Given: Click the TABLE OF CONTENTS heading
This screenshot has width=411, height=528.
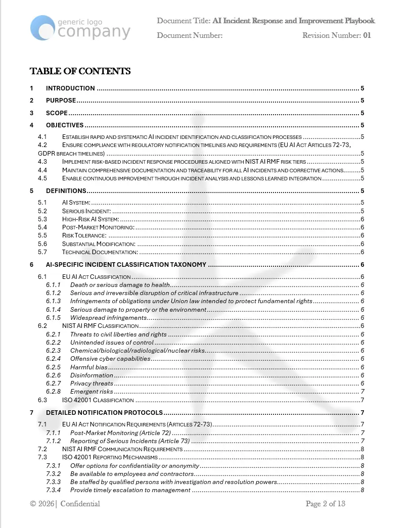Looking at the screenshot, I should click(80, 71).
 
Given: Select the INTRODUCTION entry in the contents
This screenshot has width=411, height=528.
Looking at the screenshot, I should click(70, 88).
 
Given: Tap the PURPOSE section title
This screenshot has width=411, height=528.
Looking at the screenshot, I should click(61, 101).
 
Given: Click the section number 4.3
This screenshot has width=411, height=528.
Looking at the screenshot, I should click(42, 162).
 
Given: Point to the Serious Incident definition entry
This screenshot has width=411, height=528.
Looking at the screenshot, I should click(86, 211).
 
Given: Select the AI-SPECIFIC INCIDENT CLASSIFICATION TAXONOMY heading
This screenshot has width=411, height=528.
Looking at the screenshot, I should click(126, 264).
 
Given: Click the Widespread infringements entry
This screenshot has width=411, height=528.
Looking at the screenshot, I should click(108, 318).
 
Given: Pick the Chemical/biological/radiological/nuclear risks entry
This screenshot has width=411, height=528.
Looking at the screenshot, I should click(138, 351).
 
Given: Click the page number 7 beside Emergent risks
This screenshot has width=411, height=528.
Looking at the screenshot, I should click(362, 392).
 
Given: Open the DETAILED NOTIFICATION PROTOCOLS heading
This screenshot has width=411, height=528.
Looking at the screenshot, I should click(104, 413).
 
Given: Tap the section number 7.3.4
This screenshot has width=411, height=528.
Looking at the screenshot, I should click(53, 490).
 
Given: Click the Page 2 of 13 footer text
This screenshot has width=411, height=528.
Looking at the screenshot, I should click(325, 504).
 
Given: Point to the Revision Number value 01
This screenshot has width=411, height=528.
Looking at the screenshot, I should click(367, 35).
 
